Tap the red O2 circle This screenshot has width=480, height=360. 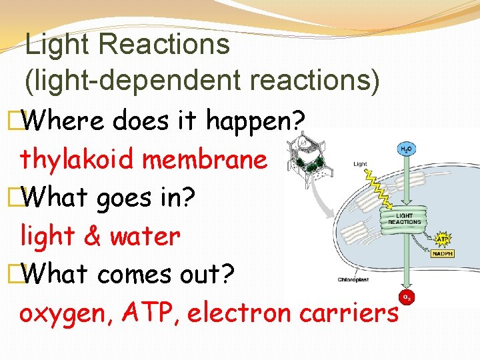click(404, 296)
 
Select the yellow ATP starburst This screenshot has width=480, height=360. click(441, 239)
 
